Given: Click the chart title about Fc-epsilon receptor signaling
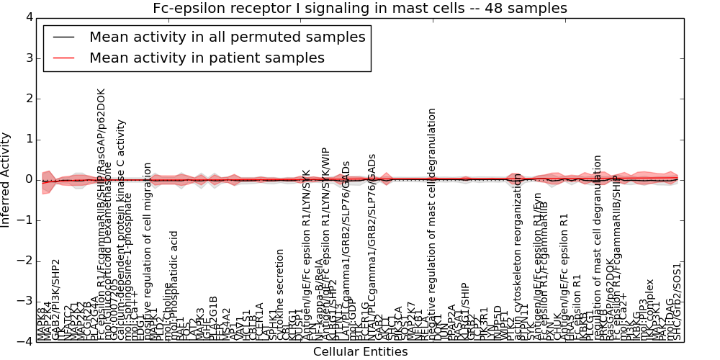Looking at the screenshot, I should click(359, 9).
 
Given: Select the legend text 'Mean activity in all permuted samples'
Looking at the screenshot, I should click(227, 37).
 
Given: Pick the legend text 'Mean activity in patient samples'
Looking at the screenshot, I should click(207, 58).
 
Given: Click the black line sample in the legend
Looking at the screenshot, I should click(63, 37).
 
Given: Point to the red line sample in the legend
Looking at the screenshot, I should click(63, 58).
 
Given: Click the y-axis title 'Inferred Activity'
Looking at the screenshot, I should click(6, 179).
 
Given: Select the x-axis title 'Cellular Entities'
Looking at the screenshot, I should click(360, 352).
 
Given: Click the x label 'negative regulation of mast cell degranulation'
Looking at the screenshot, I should click(432, 223).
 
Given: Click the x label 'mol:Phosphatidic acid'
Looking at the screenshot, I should click(174, 284).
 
